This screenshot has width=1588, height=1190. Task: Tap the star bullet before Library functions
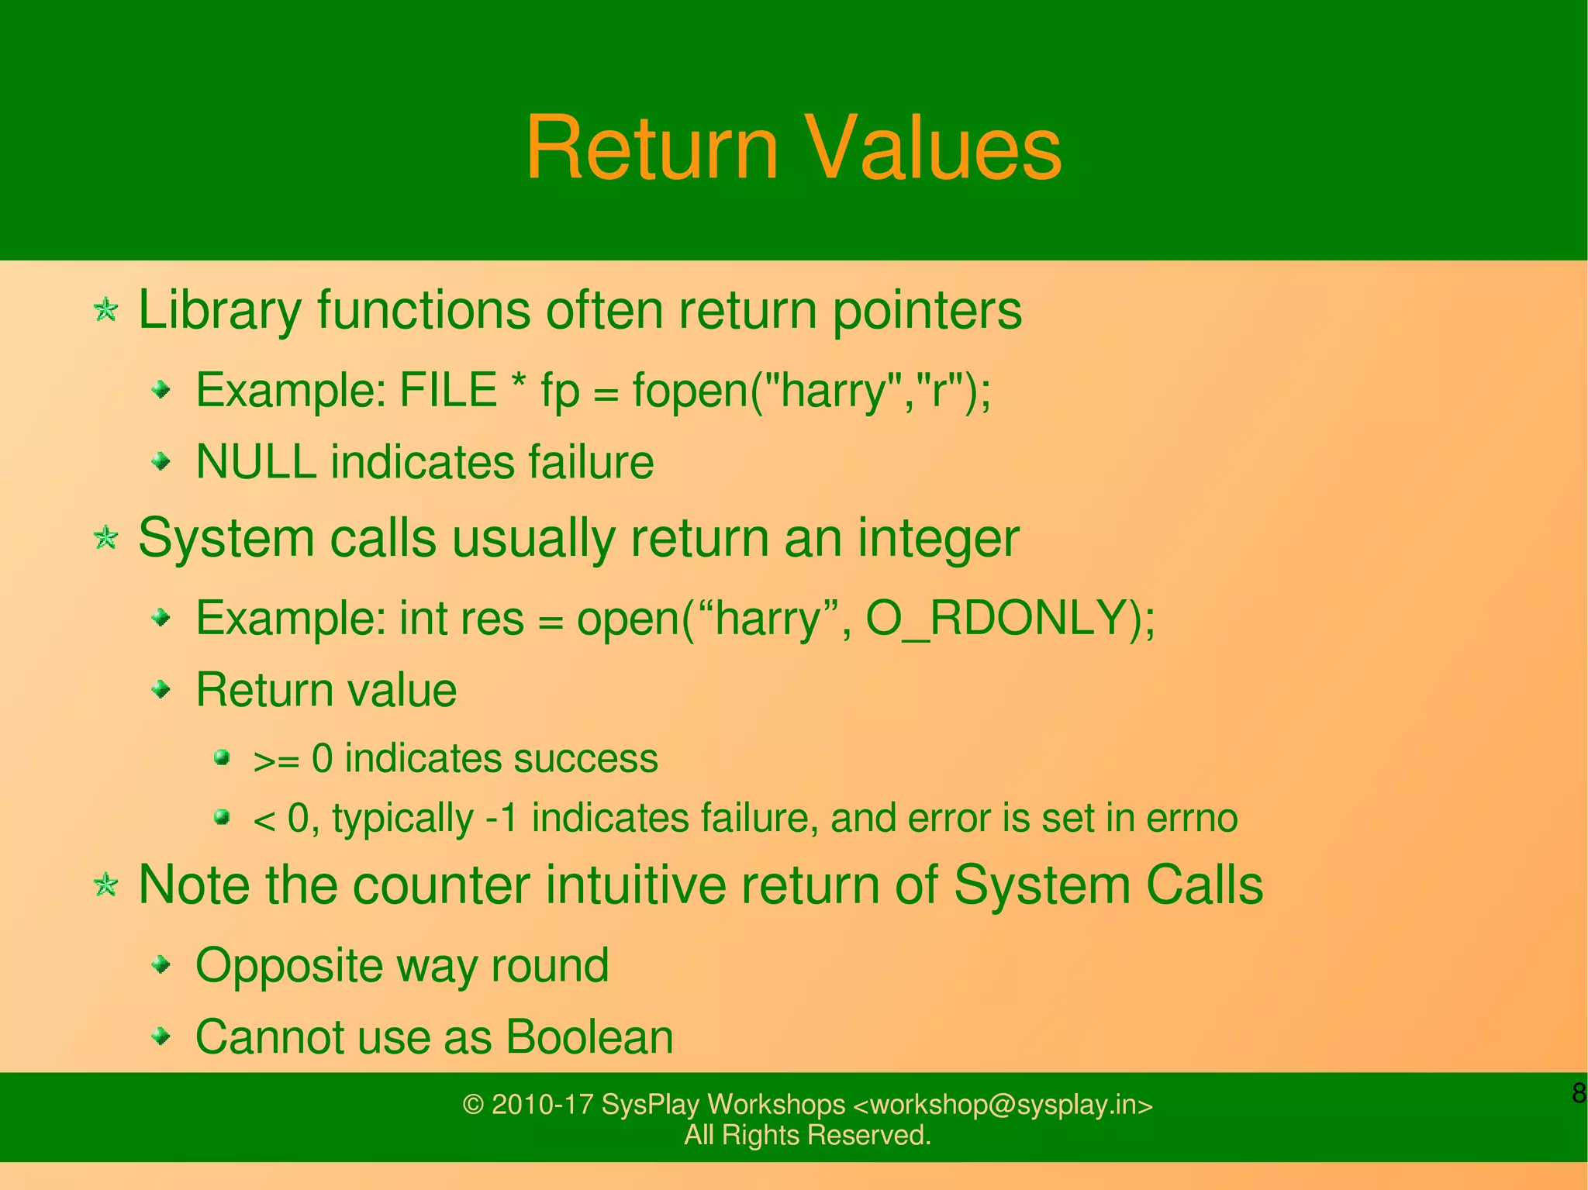[x=105, y=310]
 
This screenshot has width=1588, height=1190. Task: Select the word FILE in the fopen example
[x=447, y=389]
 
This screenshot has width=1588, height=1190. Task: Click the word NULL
[x=256, y=462]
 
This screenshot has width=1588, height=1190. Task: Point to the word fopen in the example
[x=690, y=391]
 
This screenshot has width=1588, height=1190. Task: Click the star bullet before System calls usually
[x=105, y=537]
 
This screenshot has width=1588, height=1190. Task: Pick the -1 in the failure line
[x=501, y=818]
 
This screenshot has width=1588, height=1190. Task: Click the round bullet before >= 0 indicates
[x=223, y=757]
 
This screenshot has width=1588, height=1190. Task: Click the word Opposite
[x=288, y=967]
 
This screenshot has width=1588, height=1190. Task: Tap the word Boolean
[x=589, y=1037]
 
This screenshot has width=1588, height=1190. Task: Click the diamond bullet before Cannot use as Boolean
[x=161, y=1036]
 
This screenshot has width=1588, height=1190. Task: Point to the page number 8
[x=1579, y=1093]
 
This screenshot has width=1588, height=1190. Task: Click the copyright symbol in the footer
[x=472, y=1104]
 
